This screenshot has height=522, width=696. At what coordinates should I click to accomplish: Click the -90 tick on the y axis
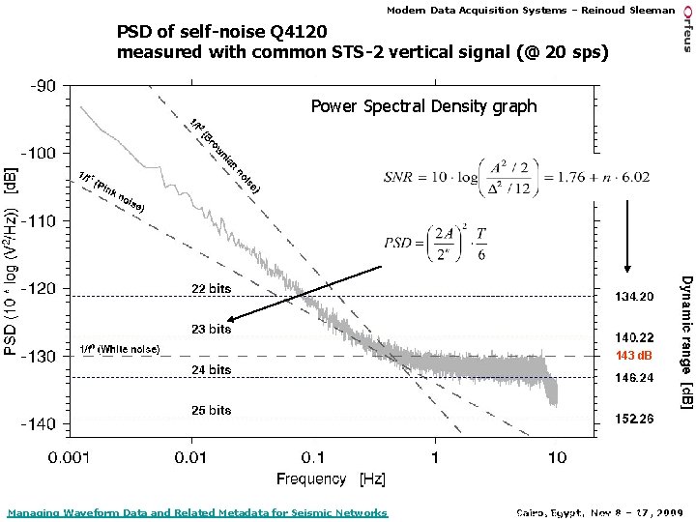[x=42, y=85]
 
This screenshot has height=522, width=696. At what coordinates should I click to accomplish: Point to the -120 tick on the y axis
[x=42, y=288]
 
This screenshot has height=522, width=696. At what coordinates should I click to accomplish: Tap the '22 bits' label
[x=211, y=288]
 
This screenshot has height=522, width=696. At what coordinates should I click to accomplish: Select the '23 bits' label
[x=211, y=330]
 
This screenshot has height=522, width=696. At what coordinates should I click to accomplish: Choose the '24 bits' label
[x=211, y=369]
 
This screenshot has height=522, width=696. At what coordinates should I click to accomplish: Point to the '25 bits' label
[x=211, y=411]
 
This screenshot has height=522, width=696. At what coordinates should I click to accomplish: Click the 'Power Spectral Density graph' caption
[x=423, y=106]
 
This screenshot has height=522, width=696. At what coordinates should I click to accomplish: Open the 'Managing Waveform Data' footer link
[x=196, y=512]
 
